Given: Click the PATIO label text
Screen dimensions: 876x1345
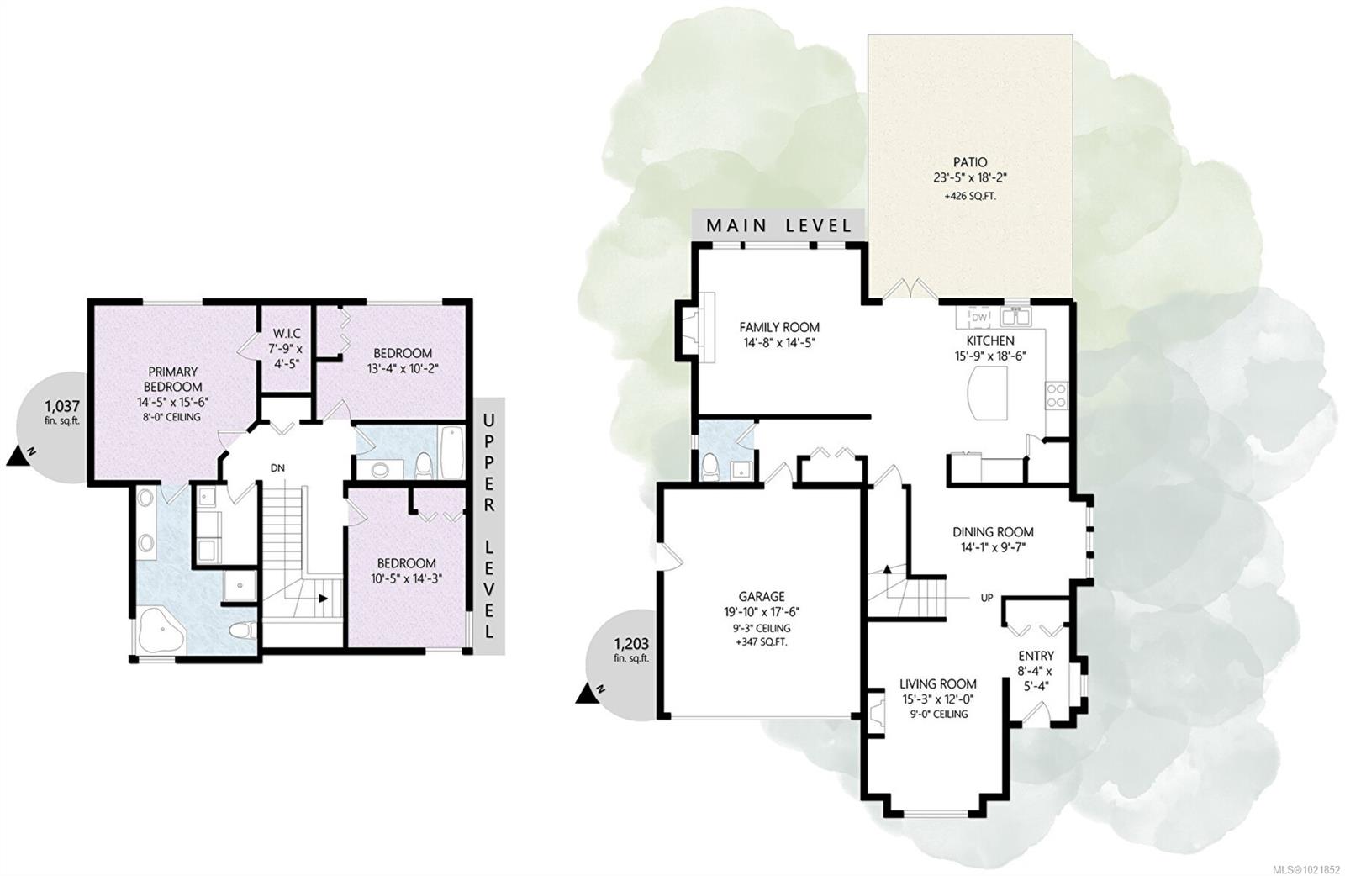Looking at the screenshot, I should (970, 161).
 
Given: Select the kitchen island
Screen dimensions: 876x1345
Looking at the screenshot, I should (989, 395).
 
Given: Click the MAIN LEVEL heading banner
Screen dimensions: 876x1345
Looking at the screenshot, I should (778, 225).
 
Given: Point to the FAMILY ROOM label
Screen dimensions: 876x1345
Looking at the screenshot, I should (779, 327).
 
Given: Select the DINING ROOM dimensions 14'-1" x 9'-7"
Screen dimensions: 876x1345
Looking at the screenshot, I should (993, 547).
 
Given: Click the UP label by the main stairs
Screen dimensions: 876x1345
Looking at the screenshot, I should (987, 599).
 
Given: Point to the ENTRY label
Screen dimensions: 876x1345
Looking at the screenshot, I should (1036, 656).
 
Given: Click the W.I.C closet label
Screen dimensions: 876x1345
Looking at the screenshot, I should (285, 334).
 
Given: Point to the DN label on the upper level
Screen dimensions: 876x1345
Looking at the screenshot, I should (277, 467).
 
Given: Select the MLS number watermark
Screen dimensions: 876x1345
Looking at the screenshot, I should (1308, 867).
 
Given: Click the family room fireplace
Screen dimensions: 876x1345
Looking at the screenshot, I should (699, 326).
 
